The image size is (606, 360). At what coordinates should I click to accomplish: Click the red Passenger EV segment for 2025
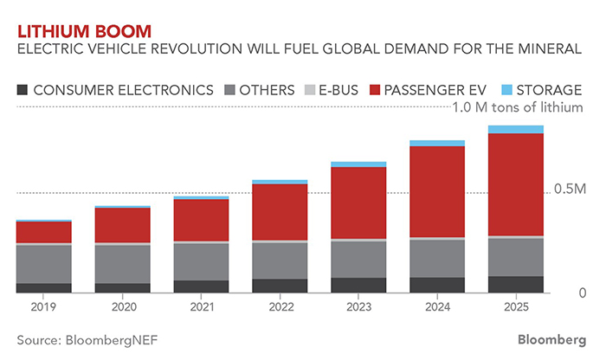click(x=515, y=184)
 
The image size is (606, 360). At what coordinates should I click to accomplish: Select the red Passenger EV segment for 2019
click(x=43, y=232)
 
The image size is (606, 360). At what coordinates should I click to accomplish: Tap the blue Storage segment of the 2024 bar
click(x=436, y=143)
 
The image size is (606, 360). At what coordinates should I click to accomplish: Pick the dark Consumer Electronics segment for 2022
click(x=280, y=286)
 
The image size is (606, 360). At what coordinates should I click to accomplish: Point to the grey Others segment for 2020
click(x=122, y=264)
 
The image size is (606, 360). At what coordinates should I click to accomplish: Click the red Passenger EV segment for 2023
click(x=358, y=202)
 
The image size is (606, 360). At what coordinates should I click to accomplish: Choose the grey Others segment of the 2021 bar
click(x=201, y=261)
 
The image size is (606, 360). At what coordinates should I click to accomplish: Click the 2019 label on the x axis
click(x=43, y=306)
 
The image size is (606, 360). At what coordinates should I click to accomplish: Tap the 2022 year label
click(x=280, y=306)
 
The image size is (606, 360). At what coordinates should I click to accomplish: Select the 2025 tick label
click(x=515, y=306)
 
